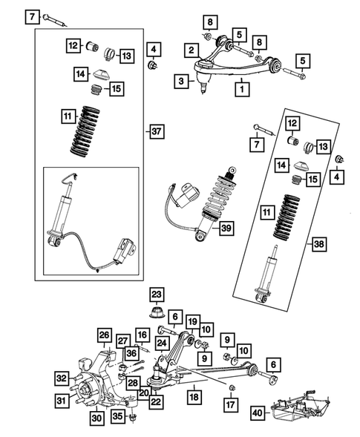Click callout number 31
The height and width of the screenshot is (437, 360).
coord(62,401)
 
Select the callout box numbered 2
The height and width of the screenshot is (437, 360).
coord(192,50)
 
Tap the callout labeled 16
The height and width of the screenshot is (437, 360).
coord(142,336)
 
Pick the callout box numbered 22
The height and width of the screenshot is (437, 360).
coord(155,402)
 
